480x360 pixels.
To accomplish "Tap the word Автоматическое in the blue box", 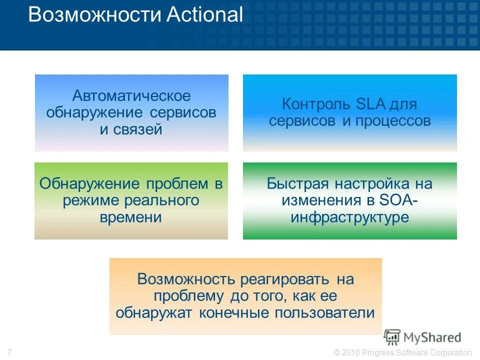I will [131, 96].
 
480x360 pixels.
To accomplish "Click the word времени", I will [131, 217].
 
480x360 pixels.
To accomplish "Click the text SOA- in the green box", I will [399, 200].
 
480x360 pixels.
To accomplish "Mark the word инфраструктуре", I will [349, 217].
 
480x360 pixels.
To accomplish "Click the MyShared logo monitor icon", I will [392, 337].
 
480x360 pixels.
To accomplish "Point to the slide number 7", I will [10, 352].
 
